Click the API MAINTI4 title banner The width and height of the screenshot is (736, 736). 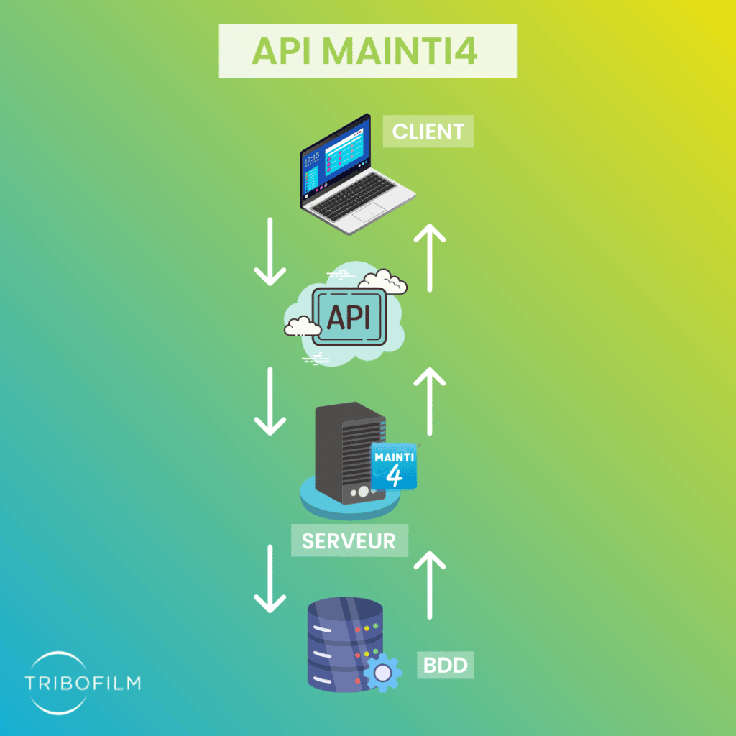point(367,51)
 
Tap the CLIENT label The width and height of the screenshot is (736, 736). point(428,132)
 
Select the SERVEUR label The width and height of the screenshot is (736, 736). point(349,540)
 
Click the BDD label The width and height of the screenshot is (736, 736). point(446,666)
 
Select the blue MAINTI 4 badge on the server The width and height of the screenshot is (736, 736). point(394,466)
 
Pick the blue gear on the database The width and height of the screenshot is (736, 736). point(382,671)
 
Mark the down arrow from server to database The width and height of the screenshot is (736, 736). point(270,579)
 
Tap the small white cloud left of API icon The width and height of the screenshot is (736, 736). point(302,326)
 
